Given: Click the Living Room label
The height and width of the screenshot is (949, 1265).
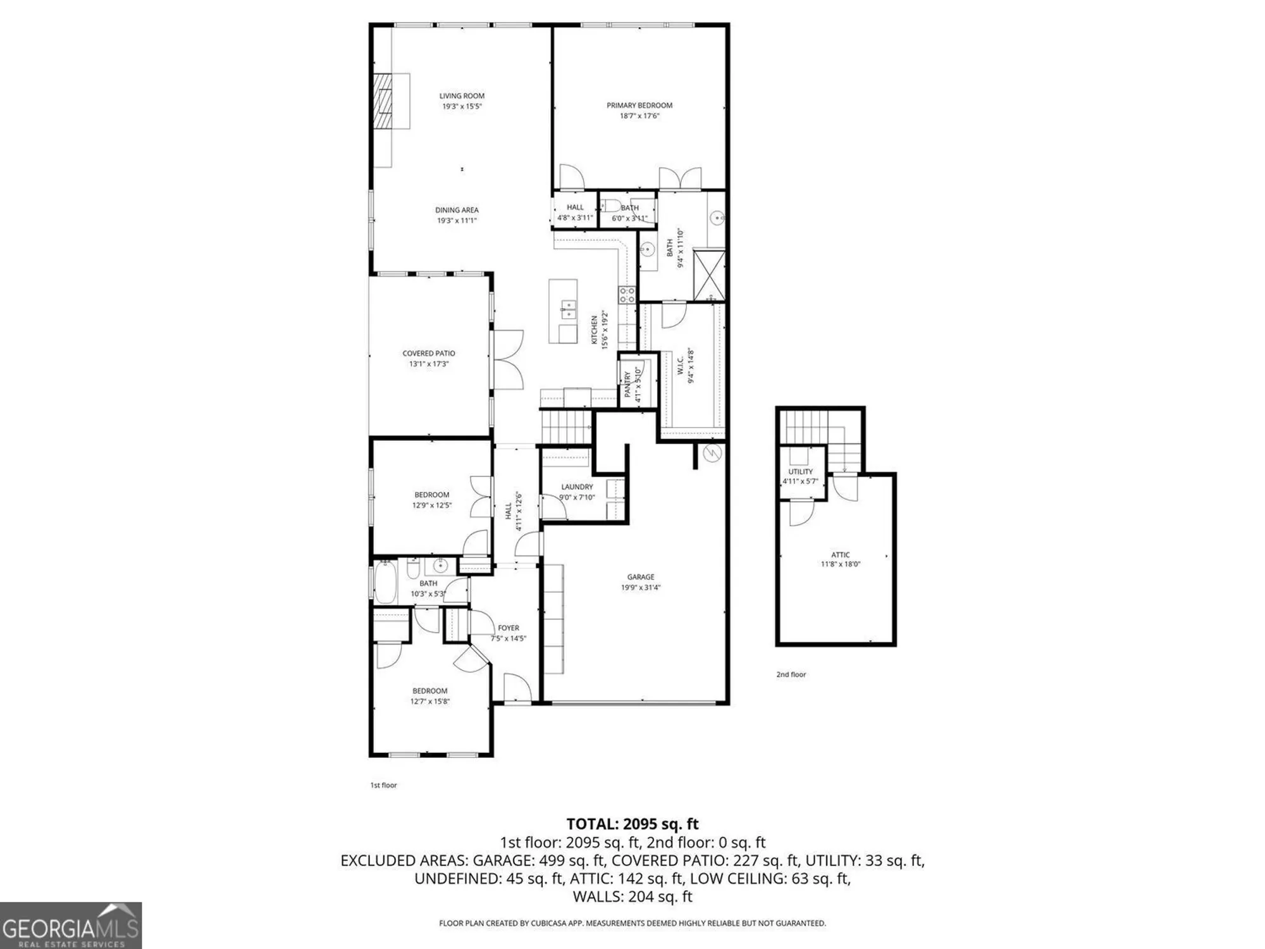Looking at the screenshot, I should (462, 96).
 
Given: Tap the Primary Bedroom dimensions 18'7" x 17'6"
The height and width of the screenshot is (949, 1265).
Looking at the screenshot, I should (639, 116).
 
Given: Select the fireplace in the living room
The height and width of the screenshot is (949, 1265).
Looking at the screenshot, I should (382, 101).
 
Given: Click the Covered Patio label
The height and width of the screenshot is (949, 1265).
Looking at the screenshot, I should (428, 353).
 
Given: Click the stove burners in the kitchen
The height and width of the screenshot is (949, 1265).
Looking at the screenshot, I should (627, 294).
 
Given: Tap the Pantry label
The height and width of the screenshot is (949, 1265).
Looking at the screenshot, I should (627, 385).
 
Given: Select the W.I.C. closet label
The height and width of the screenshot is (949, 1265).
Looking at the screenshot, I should (681, 366).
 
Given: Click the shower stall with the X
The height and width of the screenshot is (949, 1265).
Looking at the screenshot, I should (709, 275).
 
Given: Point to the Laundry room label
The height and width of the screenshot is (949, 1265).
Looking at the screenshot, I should (577, 487).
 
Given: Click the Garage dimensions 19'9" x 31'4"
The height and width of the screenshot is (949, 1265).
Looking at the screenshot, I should (640, 587).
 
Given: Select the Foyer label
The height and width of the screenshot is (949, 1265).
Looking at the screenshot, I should (509, 628).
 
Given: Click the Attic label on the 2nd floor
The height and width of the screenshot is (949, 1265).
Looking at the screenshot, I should (840, 554).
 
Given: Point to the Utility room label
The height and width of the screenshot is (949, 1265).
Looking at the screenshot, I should (800, 471).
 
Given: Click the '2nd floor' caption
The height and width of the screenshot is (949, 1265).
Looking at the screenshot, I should (791, 674).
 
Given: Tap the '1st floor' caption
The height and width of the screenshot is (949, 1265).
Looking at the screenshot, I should (383, 785).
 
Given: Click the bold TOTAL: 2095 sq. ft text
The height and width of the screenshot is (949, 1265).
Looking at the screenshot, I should (632, 824).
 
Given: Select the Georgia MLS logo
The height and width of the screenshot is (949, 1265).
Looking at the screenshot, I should (71, 925).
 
